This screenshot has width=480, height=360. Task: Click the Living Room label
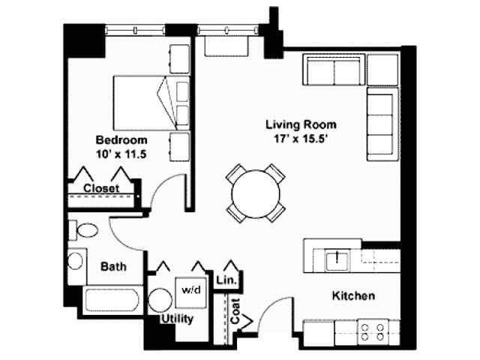tap(301, 124)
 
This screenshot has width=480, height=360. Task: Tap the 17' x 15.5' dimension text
tap(301, 139)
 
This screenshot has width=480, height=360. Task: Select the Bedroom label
tap(121, 140)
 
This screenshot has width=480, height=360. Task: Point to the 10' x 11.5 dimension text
tap(121, 154)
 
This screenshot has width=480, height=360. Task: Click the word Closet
tap(101, 188)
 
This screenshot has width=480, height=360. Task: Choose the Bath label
tap(113, 266)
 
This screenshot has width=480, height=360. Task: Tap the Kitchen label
tap(353, 295)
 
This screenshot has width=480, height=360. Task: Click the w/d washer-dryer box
tap(191, 292)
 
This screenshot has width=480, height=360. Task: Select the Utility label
tap(178, 319)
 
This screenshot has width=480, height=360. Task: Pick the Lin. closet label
tap(226, 280)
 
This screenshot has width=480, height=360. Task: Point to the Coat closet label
tap(235, 311)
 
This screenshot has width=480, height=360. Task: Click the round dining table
tap(256, 193)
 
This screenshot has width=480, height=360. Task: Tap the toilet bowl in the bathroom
tap(87, 230)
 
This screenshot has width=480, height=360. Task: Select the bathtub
tap(112, 300)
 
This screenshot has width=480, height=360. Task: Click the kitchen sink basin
tap(337, 259)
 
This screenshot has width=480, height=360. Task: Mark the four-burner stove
tap(373, 332)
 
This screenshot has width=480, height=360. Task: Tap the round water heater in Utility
tap(160, 300)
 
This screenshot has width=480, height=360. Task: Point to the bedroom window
tap(135, 30)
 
